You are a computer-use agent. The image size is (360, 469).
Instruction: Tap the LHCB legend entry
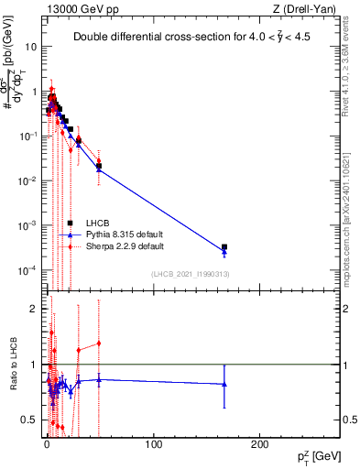point(95,224)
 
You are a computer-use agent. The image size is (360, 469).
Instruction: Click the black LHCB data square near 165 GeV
point(224,247)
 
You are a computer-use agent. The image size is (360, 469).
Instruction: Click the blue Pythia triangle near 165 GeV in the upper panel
point(224,253)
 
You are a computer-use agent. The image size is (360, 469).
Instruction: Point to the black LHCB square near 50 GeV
point(99,166)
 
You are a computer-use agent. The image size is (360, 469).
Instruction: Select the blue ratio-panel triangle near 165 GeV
point(224,384)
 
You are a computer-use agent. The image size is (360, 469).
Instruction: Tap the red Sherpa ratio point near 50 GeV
point(99,344)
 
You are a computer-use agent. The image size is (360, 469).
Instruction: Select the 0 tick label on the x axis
point(47,444)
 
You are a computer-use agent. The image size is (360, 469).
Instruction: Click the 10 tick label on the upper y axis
point(31,46)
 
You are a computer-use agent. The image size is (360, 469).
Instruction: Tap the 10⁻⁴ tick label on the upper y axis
point(27,269)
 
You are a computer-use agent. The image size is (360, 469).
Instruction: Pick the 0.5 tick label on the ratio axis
point(28,420)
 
